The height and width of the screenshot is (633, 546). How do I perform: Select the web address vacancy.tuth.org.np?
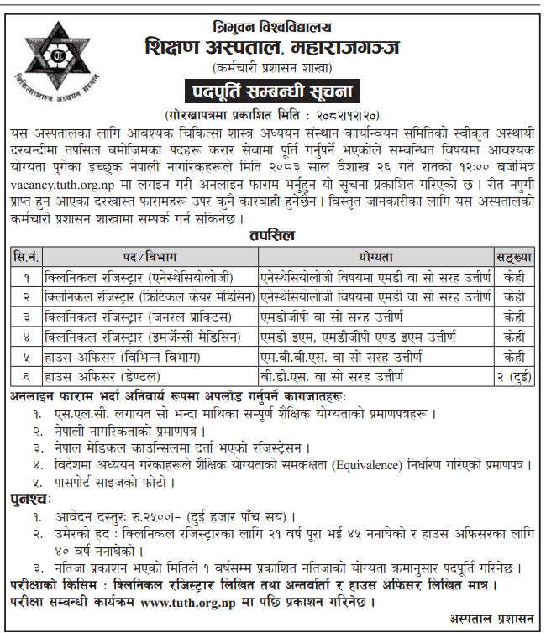[59, 186]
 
